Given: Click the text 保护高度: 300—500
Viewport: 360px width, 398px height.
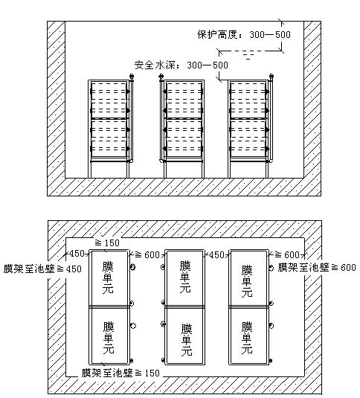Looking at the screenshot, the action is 244,34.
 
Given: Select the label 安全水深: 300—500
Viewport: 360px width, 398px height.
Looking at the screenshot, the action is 181,65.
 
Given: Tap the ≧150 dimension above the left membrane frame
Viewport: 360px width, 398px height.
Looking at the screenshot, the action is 107,243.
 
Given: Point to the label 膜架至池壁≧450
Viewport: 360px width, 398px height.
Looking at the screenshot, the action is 42,269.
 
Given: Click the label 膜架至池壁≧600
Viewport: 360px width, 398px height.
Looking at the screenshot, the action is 317,267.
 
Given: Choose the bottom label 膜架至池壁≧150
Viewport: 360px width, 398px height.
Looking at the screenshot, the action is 120,373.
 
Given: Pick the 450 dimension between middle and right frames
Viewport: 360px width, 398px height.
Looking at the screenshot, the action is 216,254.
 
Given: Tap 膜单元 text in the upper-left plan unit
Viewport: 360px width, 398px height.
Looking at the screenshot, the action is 108,277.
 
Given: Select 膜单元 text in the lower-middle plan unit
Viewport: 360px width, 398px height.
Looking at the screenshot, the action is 187,340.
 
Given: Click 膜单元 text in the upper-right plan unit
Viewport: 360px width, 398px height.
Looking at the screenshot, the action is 247,281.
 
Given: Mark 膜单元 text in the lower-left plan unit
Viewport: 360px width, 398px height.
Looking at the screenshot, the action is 109,338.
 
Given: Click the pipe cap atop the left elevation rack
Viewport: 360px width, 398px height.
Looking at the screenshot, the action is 132,76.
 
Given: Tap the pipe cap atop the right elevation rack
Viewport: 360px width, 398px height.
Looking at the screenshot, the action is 271,76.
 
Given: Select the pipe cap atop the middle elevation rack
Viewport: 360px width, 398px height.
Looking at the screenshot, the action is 161,76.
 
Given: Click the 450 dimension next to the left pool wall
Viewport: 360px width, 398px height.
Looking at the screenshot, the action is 77,254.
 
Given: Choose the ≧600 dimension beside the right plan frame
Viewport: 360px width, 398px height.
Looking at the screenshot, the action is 287,254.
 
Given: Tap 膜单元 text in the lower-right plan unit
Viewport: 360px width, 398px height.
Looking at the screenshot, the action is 247,338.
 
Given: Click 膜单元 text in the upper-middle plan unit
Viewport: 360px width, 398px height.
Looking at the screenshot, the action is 185,277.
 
